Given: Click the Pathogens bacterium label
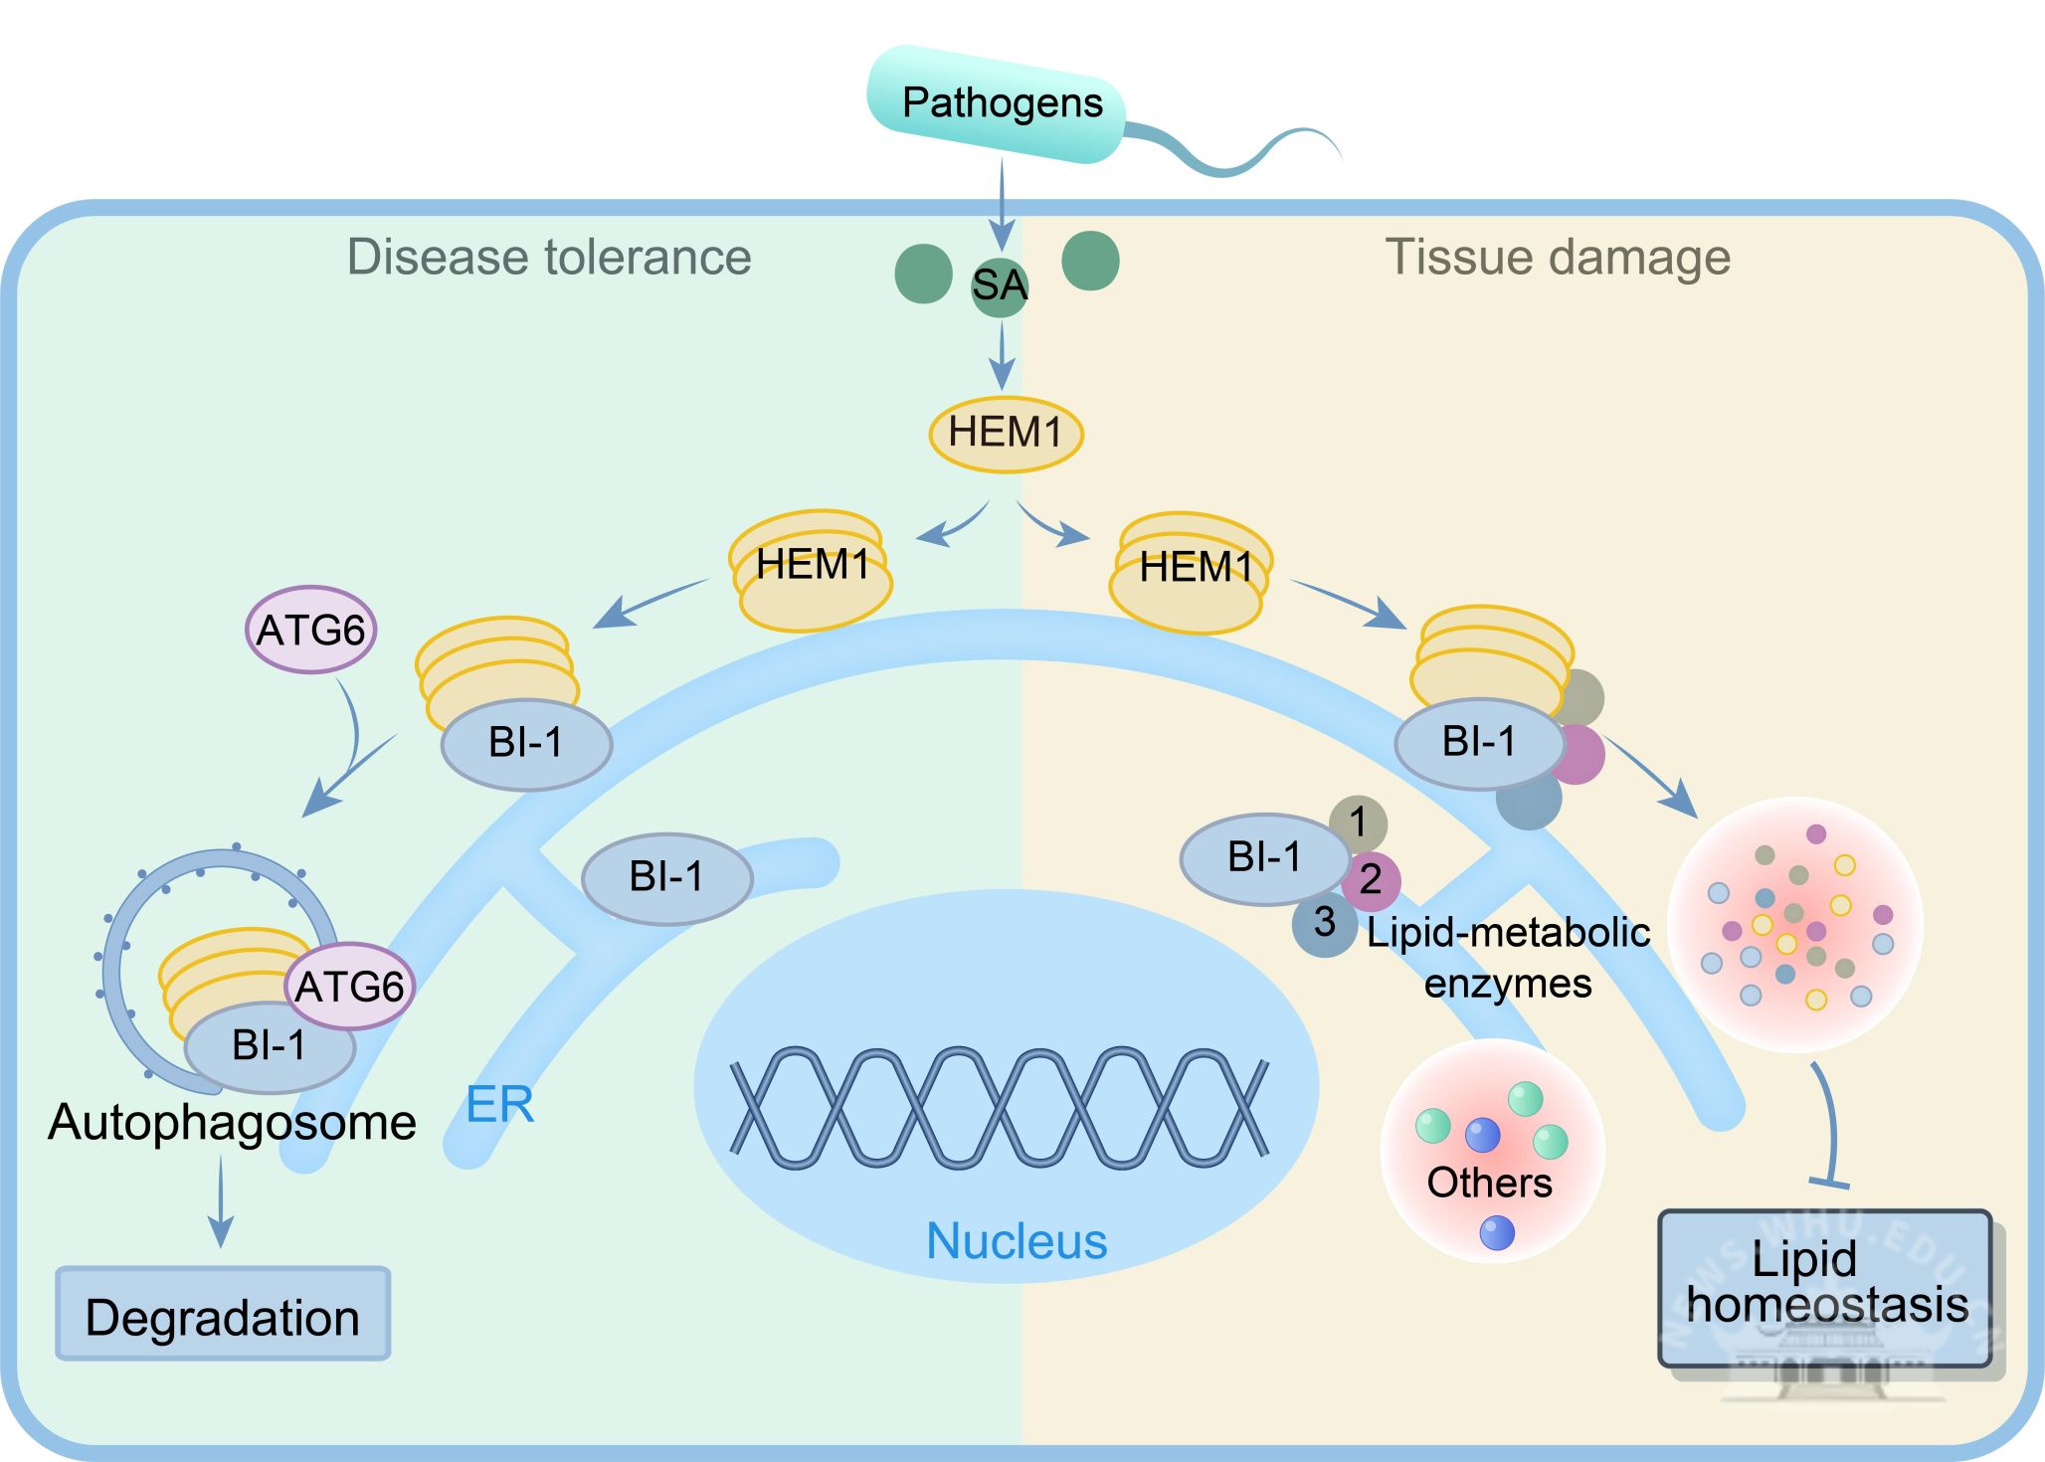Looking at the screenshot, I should coord(1001,103).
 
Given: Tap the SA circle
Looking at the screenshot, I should coord(999,286).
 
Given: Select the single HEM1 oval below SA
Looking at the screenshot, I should coord(1006,434).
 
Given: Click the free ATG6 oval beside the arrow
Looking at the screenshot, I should coord(311,631).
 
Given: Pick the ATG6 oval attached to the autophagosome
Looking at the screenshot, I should coord(349,987).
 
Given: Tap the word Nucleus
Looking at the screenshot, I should coord(1017,1241).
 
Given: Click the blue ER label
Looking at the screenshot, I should coord(499,1105).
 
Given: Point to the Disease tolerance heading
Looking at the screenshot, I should coord(549,257).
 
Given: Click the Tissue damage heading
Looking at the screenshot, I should coord(1558,257).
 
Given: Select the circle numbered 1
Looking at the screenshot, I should coord(1358,822).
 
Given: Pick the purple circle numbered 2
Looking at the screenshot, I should coord(1371,880).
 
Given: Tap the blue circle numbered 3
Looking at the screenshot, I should coord(1324,923).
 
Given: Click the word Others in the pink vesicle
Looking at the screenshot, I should coord(1489,1183).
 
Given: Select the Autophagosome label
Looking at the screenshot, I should coord(232,1122).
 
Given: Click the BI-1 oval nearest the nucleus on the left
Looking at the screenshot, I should coord(666,878).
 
